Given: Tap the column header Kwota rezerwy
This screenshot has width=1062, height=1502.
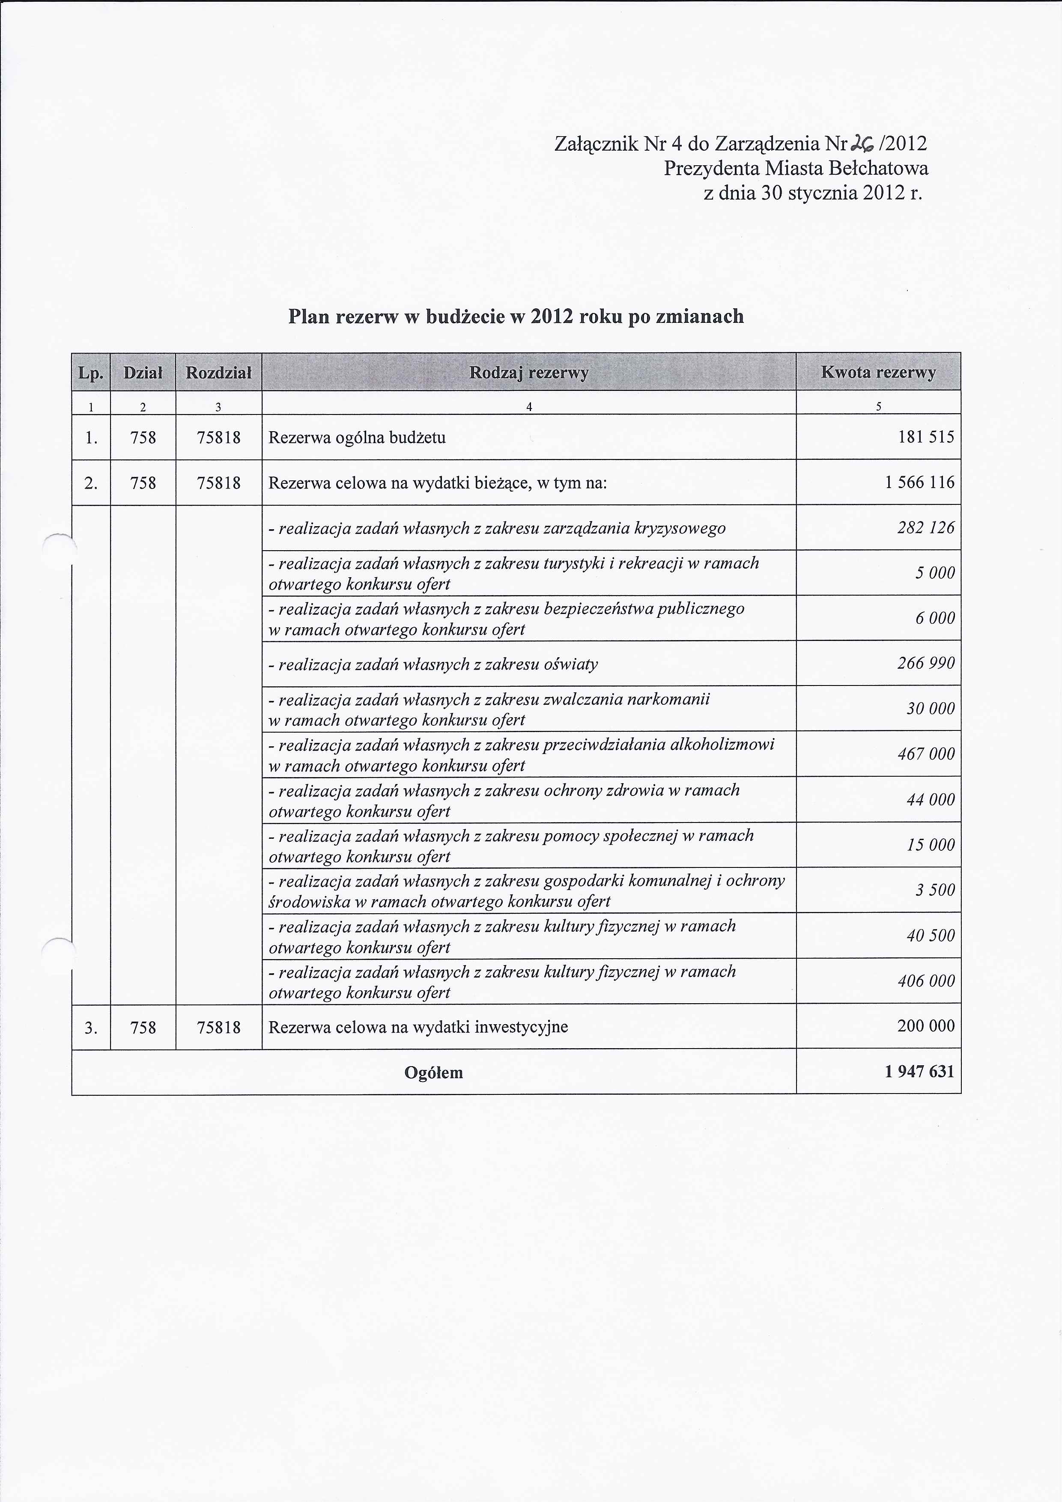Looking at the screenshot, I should (x=878, y=372).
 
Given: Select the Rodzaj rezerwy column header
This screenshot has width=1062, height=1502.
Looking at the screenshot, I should (x=529, y=372).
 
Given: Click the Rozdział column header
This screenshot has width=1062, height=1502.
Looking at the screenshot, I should (x=218, y=372).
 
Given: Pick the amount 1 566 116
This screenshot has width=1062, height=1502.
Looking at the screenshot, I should (x=919, y=482).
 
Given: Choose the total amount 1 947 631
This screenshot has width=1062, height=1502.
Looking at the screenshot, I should (x=919, y=1072).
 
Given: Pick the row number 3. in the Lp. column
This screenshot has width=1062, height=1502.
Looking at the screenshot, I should (x=91, y=1028).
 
